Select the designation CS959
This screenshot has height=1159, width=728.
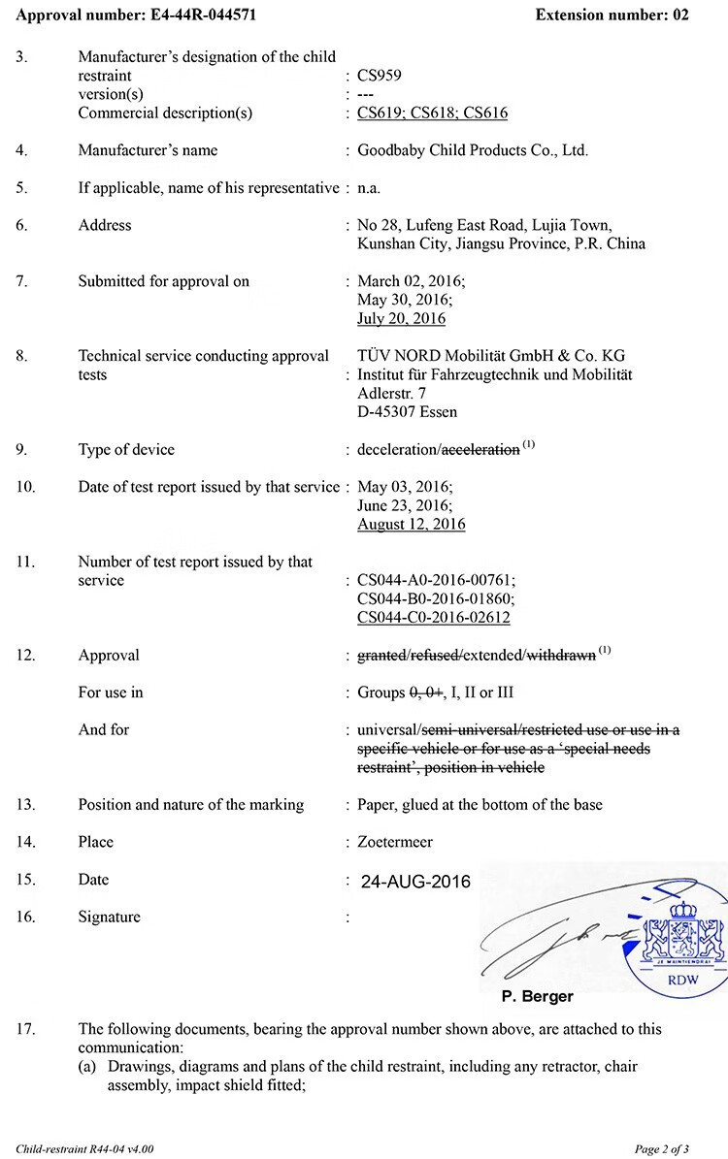(379, 75)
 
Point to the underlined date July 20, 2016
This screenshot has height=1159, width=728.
(401, 318)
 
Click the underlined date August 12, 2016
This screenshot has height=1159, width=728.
(411, 524)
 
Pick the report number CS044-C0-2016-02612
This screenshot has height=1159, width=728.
(433, 618)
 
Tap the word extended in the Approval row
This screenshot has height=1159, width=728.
(493, 656)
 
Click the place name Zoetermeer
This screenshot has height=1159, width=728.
(395, 842)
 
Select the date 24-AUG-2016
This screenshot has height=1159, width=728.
(415, 883)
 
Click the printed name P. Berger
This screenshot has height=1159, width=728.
(537, 996)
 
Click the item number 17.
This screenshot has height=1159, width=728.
(25, 1030)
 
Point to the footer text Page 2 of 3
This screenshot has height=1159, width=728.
(662, 1149)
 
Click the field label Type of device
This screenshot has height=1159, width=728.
(126, 450)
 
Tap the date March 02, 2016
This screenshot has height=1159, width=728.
(411, 281)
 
